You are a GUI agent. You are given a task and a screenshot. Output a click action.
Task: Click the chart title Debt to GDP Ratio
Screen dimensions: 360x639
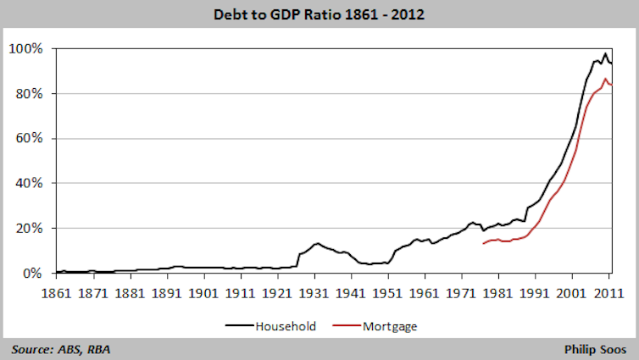(x=319, y=14)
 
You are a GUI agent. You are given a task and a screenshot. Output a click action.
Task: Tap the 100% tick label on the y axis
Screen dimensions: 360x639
(x=25, y=48)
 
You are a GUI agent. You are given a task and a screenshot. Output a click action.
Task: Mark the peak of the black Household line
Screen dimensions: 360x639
(x=606, y=53)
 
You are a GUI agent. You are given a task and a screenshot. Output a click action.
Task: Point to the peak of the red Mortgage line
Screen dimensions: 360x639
(x=606, y=79)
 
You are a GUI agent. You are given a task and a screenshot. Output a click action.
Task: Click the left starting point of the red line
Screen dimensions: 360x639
(x=483, y=244)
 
